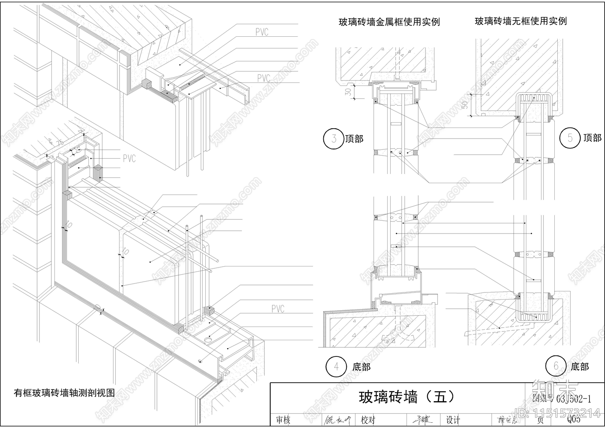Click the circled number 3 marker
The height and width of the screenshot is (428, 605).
click(334, 139)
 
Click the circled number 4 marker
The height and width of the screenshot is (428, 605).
click(336, 366)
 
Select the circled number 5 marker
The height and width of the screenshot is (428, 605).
click(570, 138)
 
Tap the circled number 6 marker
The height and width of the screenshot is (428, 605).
click(555, 366)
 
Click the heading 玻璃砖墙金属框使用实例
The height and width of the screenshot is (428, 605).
click(389, 22)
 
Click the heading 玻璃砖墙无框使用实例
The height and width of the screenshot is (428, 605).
click(521, 21)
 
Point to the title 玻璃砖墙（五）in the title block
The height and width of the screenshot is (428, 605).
click(407, 397)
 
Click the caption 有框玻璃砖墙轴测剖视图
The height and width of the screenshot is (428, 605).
click(64, 393)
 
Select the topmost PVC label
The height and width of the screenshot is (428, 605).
click(262, 32)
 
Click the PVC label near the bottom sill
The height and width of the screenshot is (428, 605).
click(278, 309)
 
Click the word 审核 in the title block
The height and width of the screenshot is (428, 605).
click(283, 420)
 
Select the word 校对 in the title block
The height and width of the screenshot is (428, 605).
click(368, 420)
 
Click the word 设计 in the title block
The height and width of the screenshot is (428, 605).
click(453, 420)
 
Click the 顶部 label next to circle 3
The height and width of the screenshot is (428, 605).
click(354, 139)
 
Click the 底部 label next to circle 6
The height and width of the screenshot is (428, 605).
click(580, 367)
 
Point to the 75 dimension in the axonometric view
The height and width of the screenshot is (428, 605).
click(60, 143)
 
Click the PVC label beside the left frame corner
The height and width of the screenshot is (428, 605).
click(129, 158)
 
